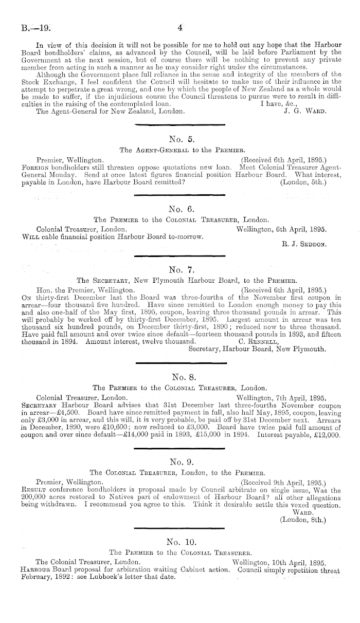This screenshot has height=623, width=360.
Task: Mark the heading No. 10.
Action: pos(179,541)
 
